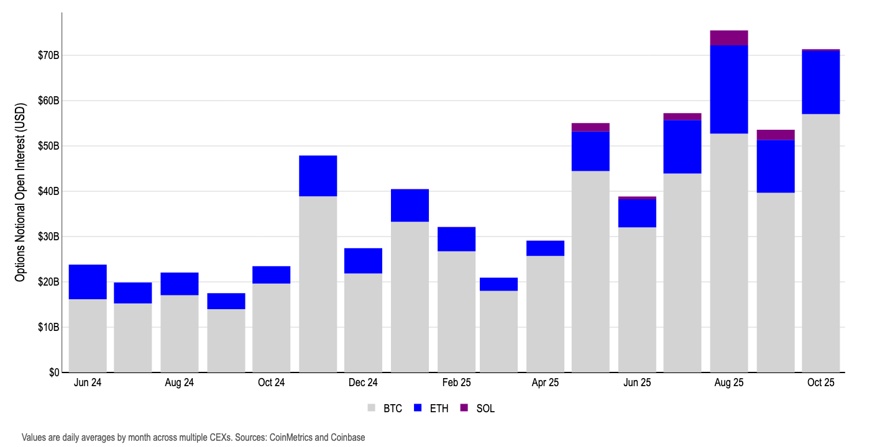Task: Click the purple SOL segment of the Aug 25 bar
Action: [x=729, y=38]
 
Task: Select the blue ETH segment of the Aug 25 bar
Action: [x=729, y=89]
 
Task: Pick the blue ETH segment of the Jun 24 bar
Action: [x=88, y=282]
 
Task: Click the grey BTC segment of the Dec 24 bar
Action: [x=363, y=323]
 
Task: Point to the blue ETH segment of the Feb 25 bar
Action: [x=456, y=239]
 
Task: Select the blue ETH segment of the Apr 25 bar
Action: [x=545, y=248]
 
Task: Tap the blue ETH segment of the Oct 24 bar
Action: [x=271, y=275]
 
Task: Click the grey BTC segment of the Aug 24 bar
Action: [x=179, y=333]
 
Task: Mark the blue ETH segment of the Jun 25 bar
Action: [x=637, y=213]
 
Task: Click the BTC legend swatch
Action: [x=372, y=408]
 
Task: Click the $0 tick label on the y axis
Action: [x=53, y=372]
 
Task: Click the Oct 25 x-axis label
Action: [x=820, y=383]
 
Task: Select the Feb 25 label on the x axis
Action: [x=456, y=383]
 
